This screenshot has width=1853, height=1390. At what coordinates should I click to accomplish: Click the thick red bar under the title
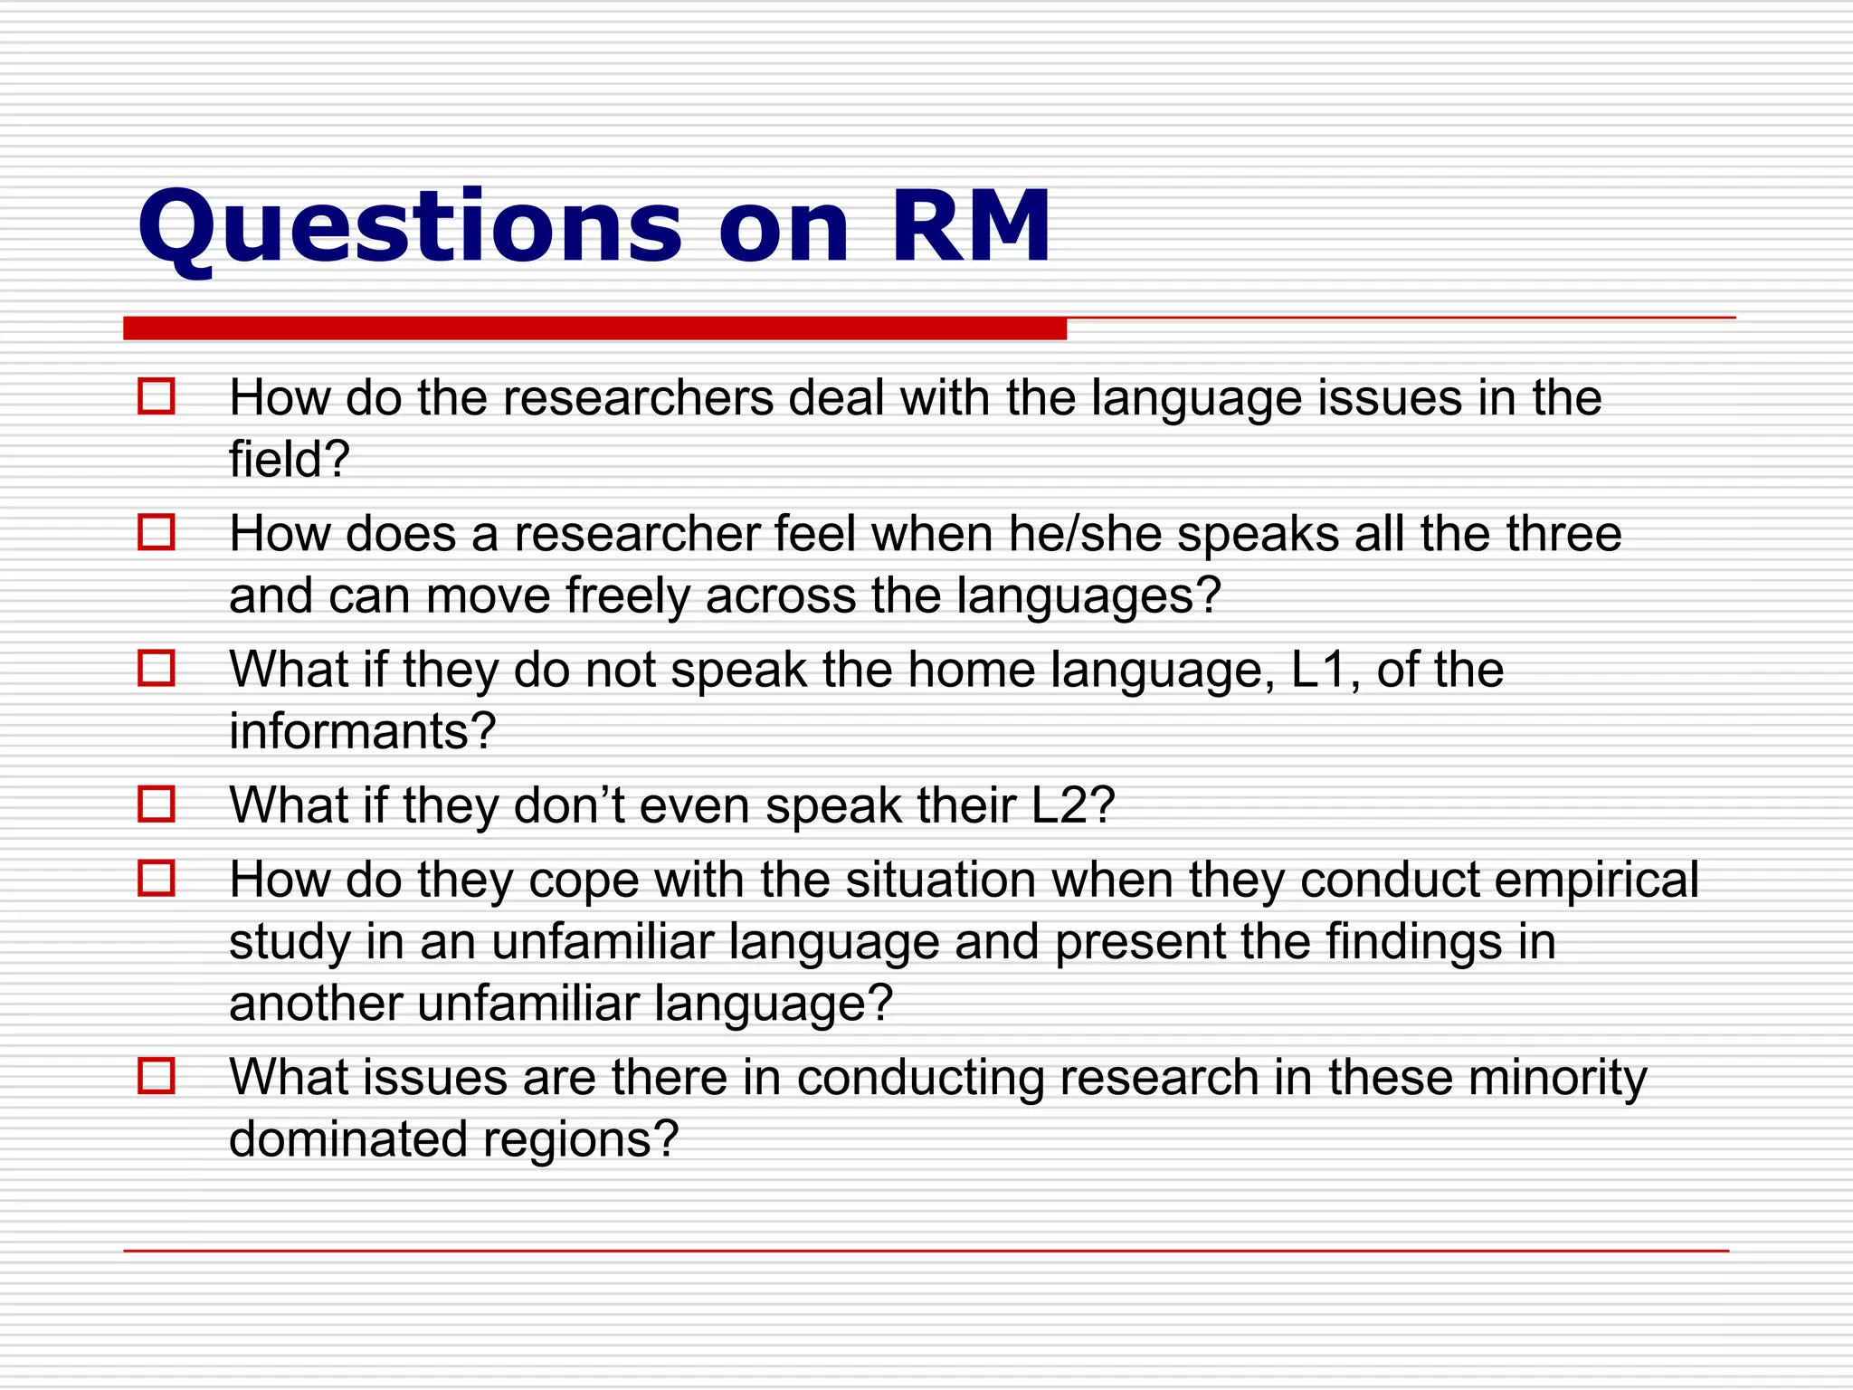(594, 328)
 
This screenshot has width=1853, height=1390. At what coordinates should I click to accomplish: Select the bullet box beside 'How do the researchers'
(156, 396)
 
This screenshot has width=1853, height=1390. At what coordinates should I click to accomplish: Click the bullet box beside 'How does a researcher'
(156, 532)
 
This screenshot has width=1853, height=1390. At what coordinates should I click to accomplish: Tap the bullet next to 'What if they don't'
(156, 804)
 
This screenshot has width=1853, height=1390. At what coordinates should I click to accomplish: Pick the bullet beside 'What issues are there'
(156, 1076)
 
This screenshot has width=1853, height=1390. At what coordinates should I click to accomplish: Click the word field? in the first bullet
(289, 460)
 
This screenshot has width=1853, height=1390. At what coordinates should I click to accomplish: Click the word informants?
(362, 731)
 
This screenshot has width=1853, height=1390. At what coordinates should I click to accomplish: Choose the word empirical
(1596, 881)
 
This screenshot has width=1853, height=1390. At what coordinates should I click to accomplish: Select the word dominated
(347, 1139)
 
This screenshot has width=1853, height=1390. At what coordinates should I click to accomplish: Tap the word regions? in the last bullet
(580, 1140)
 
